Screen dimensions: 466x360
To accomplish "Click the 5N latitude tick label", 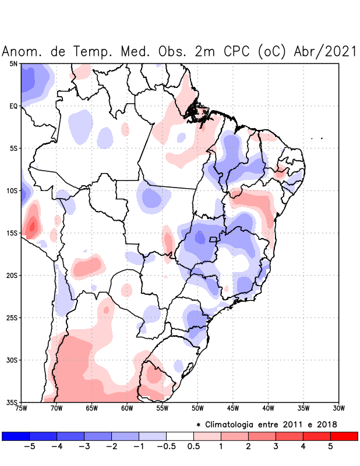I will click(13, 63).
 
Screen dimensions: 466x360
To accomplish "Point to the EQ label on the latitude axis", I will click(13, 106).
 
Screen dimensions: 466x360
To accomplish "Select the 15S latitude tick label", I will click(12, 233).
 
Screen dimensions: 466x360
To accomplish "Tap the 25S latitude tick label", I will click(12, 317).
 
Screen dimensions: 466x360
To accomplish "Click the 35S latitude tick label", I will click(12, 402).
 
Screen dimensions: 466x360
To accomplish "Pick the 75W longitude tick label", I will click(22, 408).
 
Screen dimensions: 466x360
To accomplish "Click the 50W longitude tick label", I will click(197, 408).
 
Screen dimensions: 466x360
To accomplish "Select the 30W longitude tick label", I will click(338, 408).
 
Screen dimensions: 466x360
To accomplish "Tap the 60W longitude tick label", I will click(126, 408).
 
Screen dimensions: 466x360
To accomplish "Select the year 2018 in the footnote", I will click(326, 424).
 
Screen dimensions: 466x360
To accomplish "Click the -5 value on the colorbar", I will click(30, 446).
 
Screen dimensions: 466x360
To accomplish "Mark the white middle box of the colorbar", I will click(180, 436).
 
